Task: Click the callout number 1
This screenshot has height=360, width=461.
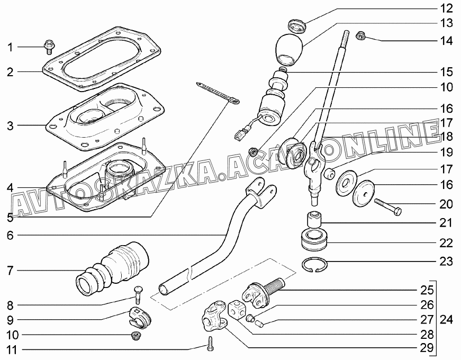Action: tap(10, 48)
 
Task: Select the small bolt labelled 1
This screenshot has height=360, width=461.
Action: tap(48, 46)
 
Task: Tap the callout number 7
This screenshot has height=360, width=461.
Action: tap(10, 271)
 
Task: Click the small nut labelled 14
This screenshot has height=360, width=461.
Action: tap(361, 36)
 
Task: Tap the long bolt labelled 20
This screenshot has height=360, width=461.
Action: tap(387, 205)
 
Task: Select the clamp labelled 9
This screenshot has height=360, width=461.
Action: tap(139, 317)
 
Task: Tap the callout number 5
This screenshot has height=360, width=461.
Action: tap(10, 217)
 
